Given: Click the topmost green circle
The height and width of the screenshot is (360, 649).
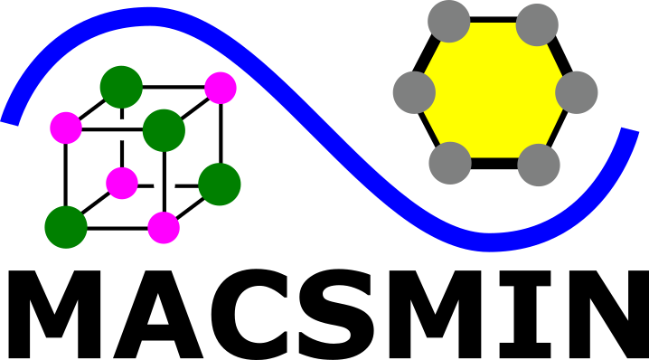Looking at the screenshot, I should tap(121, 87).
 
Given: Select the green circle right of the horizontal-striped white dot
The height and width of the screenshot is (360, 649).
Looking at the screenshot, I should tap(164, 130).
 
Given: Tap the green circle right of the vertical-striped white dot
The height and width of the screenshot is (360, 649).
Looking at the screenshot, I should tap(220, 185).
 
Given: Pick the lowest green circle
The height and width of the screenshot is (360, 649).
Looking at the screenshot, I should tap(66, 227).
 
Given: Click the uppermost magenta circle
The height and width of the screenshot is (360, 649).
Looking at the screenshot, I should tap(221, 88).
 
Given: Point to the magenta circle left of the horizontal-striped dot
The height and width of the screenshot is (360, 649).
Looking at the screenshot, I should tap(66, 128).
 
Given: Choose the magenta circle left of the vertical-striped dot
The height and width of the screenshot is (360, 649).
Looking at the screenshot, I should tap(122, 184).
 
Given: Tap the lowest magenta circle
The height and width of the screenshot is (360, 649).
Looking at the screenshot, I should tap(164, 228).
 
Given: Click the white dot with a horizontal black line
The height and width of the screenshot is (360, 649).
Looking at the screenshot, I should tap(122, 129).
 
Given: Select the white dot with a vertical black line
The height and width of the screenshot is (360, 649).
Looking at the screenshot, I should tap(165, 185).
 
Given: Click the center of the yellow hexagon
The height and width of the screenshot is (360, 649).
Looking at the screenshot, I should tap(494, 91).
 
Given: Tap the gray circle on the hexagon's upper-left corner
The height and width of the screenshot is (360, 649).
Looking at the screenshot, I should tap(449, 22).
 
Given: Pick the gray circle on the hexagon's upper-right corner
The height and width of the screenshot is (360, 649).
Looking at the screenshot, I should tap(538, 24).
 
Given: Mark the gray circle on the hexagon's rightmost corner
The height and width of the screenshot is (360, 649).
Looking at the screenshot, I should tap(577, 92).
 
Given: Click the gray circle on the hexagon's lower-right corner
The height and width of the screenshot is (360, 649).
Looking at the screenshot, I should tap(540, 165).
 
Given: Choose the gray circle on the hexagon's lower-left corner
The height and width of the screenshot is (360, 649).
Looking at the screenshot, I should tap(450, 163).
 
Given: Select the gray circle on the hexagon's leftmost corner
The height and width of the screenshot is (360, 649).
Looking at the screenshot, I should tap(415, 92).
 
